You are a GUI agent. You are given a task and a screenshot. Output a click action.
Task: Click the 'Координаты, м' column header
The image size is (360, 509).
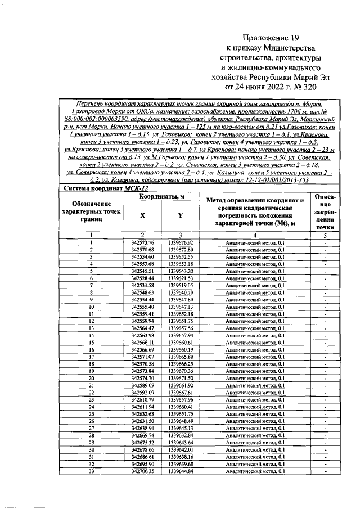163,196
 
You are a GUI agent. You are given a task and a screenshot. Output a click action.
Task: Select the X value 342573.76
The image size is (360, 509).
142,242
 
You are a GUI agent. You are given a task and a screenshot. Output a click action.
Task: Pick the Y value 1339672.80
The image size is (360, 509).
180,249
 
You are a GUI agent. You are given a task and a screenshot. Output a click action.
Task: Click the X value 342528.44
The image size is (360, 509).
142,278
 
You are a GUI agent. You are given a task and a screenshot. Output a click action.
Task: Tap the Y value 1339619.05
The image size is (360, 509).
180,286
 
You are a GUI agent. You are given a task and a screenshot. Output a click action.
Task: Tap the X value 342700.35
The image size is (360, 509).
142,471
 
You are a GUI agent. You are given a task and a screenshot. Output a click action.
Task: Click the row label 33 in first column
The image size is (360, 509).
91,471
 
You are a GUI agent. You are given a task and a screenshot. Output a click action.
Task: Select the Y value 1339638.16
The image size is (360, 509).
180,457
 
